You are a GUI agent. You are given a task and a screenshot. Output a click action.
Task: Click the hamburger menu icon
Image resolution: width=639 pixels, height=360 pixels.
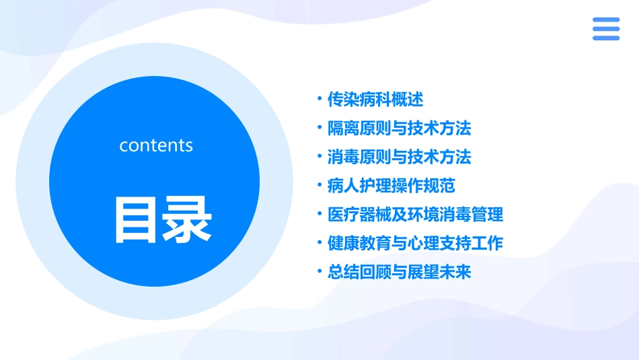[605, 29]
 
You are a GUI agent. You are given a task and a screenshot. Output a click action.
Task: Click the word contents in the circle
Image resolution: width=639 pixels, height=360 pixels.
[156, 145]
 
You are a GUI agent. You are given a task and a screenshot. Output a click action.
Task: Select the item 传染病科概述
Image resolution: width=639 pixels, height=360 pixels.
[375, 100]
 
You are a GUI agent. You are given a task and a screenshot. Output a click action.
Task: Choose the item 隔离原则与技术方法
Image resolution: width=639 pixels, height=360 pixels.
[399, 128]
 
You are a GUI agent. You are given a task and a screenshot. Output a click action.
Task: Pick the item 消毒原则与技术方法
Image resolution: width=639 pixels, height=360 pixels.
[399, 157]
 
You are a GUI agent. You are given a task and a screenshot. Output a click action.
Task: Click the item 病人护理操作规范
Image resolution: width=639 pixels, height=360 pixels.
[391, 186]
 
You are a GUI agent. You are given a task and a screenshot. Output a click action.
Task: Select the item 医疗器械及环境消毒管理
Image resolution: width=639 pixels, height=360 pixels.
[415, 215]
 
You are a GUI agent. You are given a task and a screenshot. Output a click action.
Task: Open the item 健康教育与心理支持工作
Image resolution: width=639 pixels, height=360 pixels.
[415, 243]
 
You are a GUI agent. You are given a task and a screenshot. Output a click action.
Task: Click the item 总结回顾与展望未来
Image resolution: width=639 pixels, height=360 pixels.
[399, 272]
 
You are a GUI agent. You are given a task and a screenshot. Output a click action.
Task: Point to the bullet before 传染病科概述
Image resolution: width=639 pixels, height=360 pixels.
[319, 100]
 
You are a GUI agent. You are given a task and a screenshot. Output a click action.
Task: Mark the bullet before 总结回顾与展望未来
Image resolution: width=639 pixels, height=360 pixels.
[319, 272]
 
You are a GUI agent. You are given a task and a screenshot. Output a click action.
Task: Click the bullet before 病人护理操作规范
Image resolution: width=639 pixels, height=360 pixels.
[319, 186]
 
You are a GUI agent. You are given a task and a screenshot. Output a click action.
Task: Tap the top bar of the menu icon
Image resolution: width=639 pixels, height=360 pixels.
[605, 20]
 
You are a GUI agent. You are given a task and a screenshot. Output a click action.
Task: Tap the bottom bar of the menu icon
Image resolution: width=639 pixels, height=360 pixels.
[605, 38]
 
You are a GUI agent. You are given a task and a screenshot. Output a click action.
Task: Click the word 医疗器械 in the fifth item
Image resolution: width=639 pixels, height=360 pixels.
[359, 215]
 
